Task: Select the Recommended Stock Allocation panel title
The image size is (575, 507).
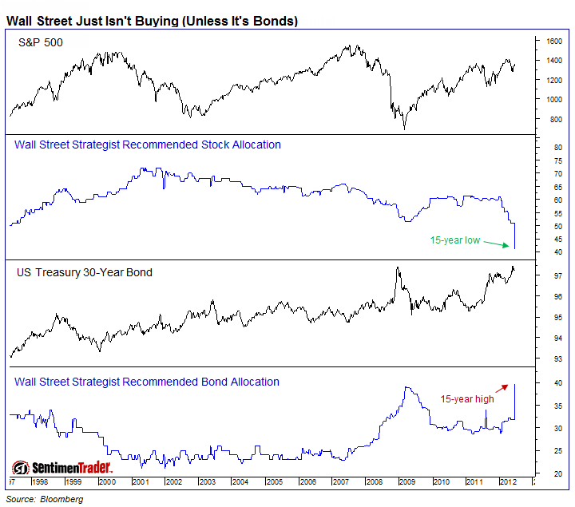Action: (148, 145)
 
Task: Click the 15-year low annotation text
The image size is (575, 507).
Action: (454, 240)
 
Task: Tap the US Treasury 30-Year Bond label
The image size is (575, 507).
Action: (85, 272)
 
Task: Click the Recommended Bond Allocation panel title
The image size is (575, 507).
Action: (147, 382)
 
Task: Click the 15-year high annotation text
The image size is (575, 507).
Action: (468, 399)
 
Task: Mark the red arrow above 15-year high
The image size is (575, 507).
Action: (503, 388)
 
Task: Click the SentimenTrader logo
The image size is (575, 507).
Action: (61, 467)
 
